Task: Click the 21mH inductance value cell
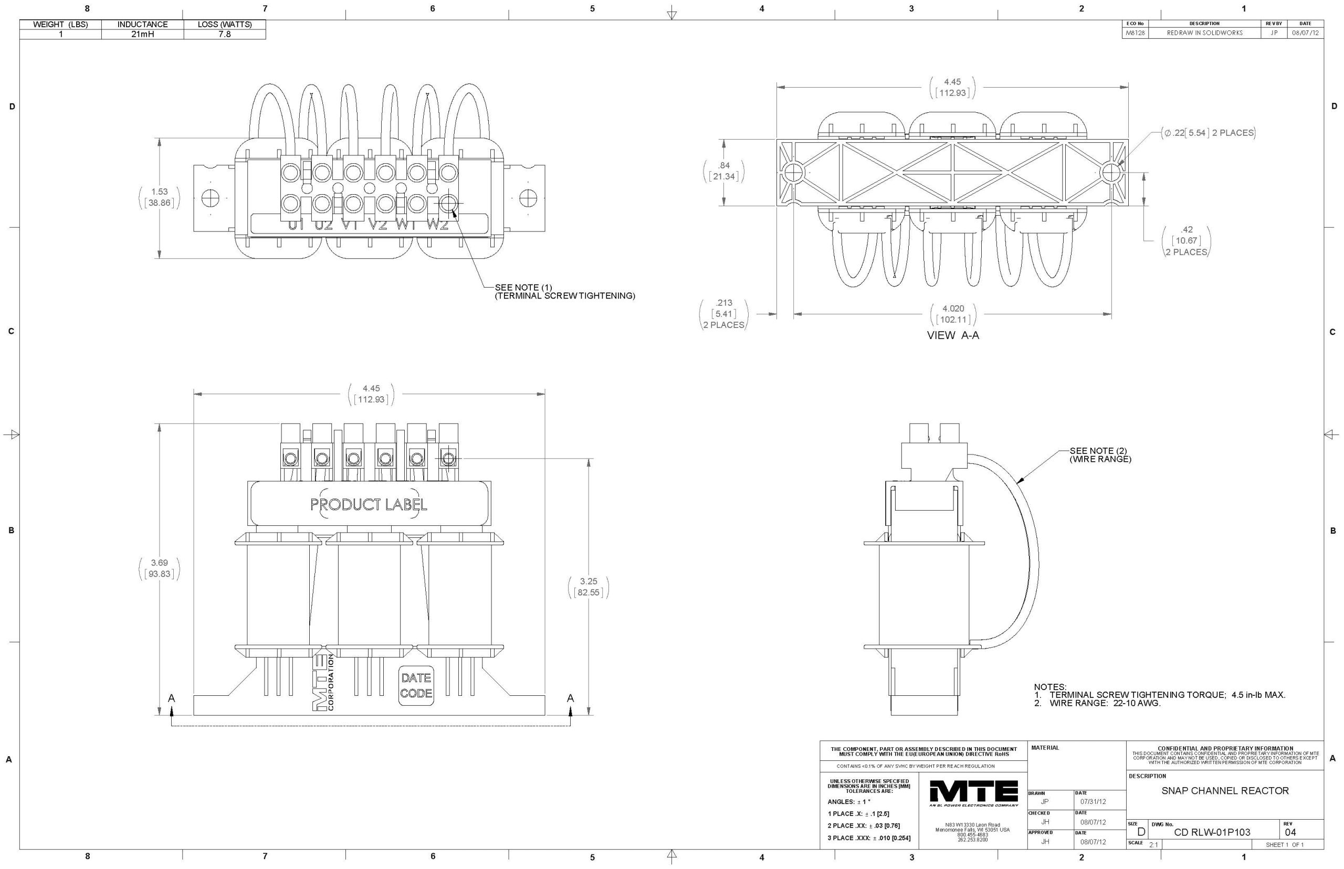click(142, 34)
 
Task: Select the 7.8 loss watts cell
click(224, 34)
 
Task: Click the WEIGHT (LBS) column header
click(60, 24)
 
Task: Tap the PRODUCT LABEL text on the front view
click(369, 504)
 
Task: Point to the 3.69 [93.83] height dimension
click(159, 568)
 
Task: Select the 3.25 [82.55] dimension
click(588, 587)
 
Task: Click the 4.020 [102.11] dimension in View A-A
click(953, 314)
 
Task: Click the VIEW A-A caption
click(953, 335)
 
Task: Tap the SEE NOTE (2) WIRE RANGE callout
click(1099, 455)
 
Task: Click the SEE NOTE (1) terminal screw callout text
click(564, 291)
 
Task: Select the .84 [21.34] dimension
click(723, 171)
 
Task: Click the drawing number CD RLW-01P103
click(1211, 832)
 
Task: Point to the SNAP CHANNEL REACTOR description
click(1224, 791)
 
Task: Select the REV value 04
click(1290, 832)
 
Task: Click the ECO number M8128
click(1134, 33)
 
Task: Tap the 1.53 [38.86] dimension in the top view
click(159, 197)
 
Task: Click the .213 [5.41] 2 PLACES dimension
click(723, 314)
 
